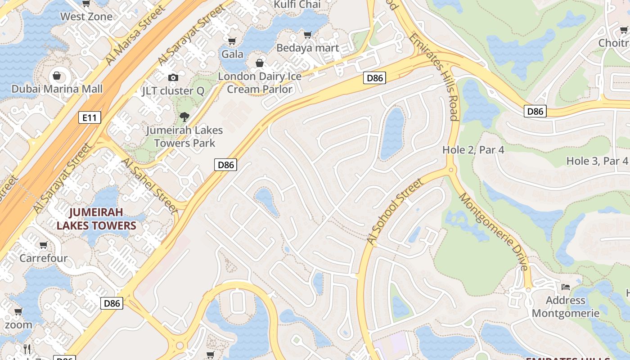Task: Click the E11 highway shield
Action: (90, 118)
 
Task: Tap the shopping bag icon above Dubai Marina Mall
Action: (57, 76)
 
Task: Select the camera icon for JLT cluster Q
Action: (173, 78)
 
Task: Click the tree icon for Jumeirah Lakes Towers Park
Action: (184, 117)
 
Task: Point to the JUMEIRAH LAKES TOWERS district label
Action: (96, 219)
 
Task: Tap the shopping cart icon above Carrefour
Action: (44, 245)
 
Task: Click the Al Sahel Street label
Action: (150, 185)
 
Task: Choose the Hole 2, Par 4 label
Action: (473, 150)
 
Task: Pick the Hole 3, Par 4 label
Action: (597, 161)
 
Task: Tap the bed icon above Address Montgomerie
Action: (566, 287)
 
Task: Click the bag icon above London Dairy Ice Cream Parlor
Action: (260, 63)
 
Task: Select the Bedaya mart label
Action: (308, 48)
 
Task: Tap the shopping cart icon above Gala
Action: (232, 41)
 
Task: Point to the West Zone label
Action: (86, 17)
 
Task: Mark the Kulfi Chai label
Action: (297, 4)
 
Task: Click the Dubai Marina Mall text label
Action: (57, 89)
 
